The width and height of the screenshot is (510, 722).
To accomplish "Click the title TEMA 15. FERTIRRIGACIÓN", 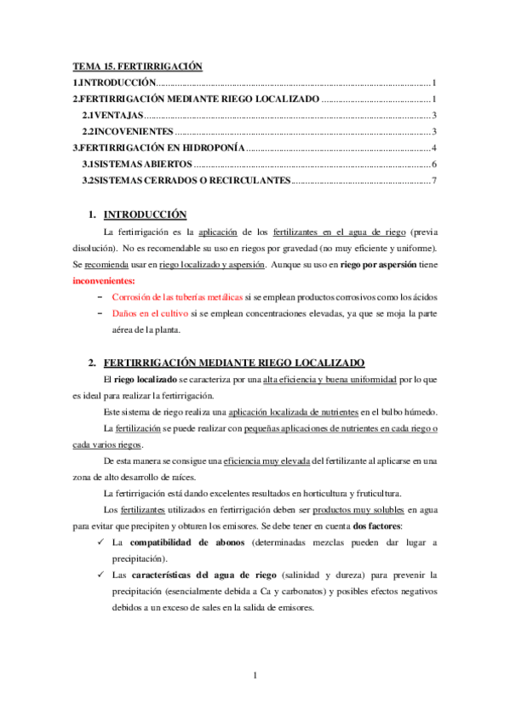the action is pos(136,66).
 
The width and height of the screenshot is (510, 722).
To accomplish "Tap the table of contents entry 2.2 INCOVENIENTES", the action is pos(128,131).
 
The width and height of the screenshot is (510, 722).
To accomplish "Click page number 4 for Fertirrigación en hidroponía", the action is pos(434,147).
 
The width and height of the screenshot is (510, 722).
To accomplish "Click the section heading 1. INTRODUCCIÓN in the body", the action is pos(144,215).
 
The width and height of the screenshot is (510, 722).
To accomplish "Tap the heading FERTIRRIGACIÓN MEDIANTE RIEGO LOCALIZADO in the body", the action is pos(232,363).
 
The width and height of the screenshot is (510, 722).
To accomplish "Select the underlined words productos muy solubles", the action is pos(357,510).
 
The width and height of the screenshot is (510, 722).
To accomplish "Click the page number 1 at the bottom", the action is pos(255,676).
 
